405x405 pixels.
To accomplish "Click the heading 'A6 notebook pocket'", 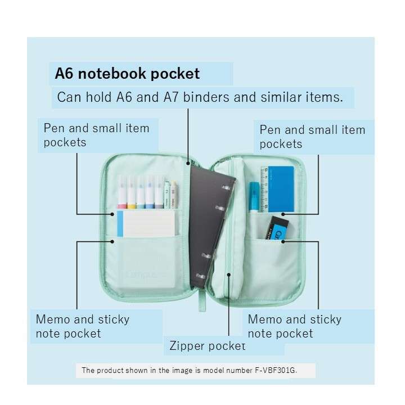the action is point(127,74).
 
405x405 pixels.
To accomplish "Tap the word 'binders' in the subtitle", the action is point(206,97).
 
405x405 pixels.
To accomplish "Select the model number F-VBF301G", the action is point(275,370).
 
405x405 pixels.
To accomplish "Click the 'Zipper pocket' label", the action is point(207,345).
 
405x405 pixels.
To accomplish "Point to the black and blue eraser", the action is point(277,228).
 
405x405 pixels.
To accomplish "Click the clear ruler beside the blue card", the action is point(264,190).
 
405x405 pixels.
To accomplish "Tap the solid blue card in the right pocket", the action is point(281,189).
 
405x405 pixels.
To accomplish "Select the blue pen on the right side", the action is point(254,197).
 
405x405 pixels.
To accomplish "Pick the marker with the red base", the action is point(121,192).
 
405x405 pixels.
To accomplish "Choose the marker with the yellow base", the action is point(131,192).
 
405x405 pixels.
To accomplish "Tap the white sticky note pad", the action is point(149,224).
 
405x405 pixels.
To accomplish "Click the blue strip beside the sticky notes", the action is point(120,224).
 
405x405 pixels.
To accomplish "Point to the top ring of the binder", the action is point(226,187).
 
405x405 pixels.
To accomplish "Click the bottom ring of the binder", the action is point(201,276).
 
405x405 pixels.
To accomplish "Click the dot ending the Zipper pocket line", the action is point(228,274).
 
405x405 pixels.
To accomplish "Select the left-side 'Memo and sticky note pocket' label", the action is point(83,326).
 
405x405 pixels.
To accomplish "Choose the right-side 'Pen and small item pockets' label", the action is point(312,137).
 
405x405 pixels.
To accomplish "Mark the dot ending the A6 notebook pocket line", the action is point(188,163).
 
